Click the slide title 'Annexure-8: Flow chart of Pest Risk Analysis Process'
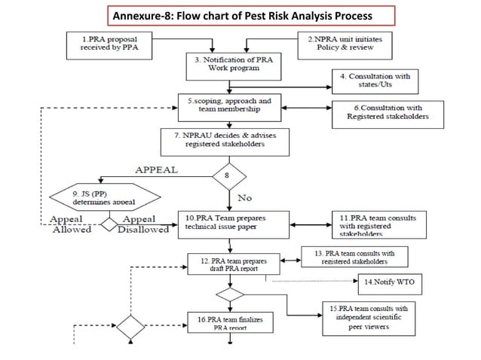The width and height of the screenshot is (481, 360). (240, 15)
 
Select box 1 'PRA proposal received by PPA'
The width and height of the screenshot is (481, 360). (107, 43)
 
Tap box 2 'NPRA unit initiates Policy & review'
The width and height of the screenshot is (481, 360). (348, 43)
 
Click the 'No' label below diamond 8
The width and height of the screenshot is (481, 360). (245, 198)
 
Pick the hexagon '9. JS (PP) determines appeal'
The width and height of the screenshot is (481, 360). (105, 197)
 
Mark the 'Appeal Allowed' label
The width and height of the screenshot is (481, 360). (71, 224)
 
